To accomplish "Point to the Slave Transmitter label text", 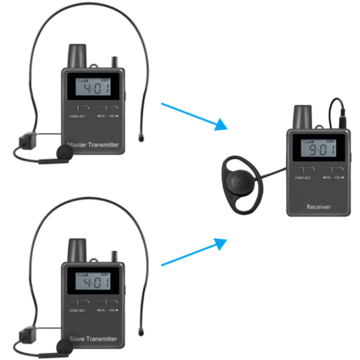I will coord(96,339).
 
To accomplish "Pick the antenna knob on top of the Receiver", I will coord(301,113).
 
